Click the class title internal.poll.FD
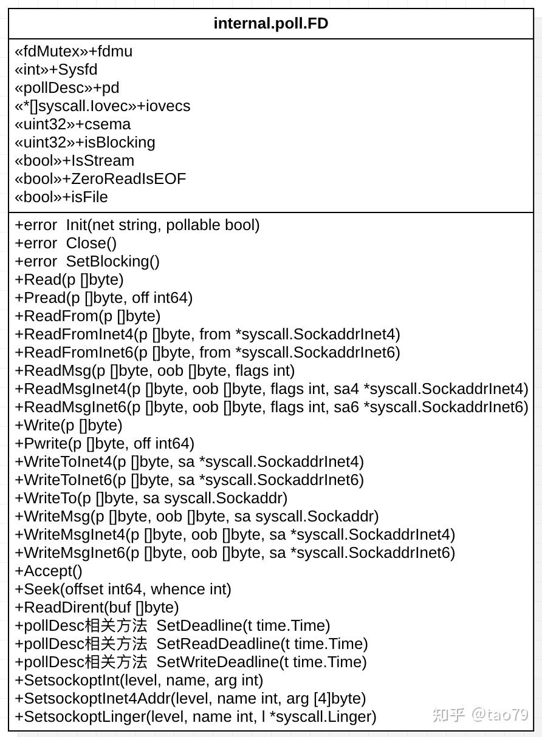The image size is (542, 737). (x=271, y=24)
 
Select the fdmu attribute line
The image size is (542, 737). (x=74, y=52)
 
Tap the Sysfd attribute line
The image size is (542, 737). (x=56, y=70)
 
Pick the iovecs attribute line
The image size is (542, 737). (x=102, y=106)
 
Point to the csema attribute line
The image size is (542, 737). (x=72, y=124)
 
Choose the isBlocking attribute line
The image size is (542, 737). (x=85, y=143)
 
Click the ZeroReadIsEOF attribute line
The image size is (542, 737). (x=100, y=179)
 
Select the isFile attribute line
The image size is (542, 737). (x=61, y=197)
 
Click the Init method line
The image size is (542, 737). (x=137, y=225)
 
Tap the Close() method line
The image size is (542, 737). (x=66, y=243)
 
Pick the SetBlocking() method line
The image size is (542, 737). (x=87, y=262)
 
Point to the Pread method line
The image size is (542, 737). (x=104, y=298)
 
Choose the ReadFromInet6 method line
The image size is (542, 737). (x=207, y=353)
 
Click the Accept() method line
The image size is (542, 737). (x=49, y=571)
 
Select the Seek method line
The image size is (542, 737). (x=123, y=589)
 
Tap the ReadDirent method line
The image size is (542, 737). (x=97, y=608)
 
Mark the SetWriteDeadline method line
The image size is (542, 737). (x=191, y=662)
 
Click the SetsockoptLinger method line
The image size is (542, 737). (x=196, y=717)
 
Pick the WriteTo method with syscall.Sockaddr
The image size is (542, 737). (x=151, y=498)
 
